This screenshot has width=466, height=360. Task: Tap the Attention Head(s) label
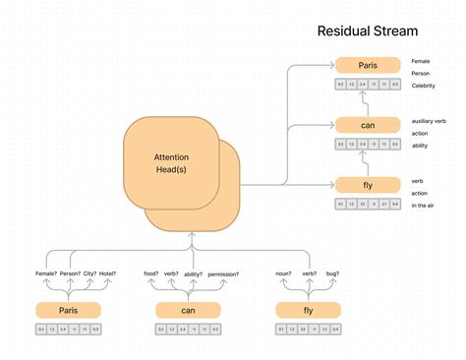pyautogui.click(x=171, y=163)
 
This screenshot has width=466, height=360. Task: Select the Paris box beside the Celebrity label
pyautogui.click(x=368, y=66)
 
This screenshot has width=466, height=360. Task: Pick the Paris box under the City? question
pyautogui.click(x=68, y=310)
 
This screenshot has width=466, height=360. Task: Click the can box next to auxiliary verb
pyautogui.click(x=368, y=125)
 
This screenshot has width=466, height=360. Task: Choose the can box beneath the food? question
pyautogui.click(x=188, y=310)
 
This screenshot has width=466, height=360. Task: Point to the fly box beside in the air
pyautogui.click(x=368, y=184)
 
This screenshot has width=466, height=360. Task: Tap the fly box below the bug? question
pyautogui.click(x=308, y=310)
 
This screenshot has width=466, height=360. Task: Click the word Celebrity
pyautogui.click(x=424, y=86)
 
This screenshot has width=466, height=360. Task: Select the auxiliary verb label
pyautogui.click(x=430, y=121)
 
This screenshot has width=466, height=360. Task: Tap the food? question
pyautogui.click(x=150, y=274)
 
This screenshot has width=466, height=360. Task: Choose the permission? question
pyautogui.click(x=224, y=274)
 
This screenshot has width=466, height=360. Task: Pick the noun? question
pyautogui.click(x=282, y=274)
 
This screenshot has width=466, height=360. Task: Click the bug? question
pyautogui.click(x=332, y=274)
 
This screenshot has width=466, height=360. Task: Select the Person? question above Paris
pyautogui.click(x=70, y=274)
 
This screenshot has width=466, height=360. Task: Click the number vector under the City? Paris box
pyautogui.click(x=68, y=329)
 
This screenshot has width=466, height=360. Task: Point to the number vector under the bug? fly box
pyautogui.click(x=308, y=329)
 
